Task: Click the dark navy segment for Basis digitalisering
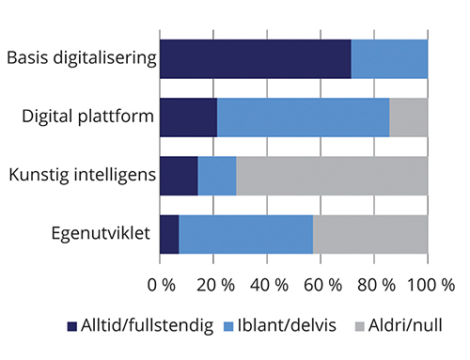pyautogui.click(x=255, y=58)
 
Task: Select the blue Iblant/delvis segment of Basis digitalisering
pyautogui.click(x=389, y=58)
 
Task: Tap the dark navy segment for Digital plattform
pyautogui.click(x=188, y=117)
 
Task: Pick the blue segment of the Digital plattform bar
pyautogui.click(x=303, y=117)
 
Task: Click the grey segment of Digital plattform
pyautogui.click(x=408, y=117)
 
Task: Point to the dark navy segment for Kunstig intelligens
pyautogui.click(x=179, y=175)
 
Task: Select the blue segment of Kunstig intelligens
pyautogui.click(x=217, y=175)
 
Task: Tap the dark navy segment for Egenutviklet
pyautogui.click(x=169, y=233)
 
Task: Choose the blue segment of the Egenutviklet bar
pyautogui.click(x=245, y=233)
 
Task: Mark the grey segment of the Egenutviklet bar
pyautogui.click(x=370, y=233)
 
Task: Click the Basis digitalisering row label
pyautogui.click(x=80, y=58)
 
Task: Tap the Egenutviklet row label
pyautogui.click(x=102, y=233)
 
